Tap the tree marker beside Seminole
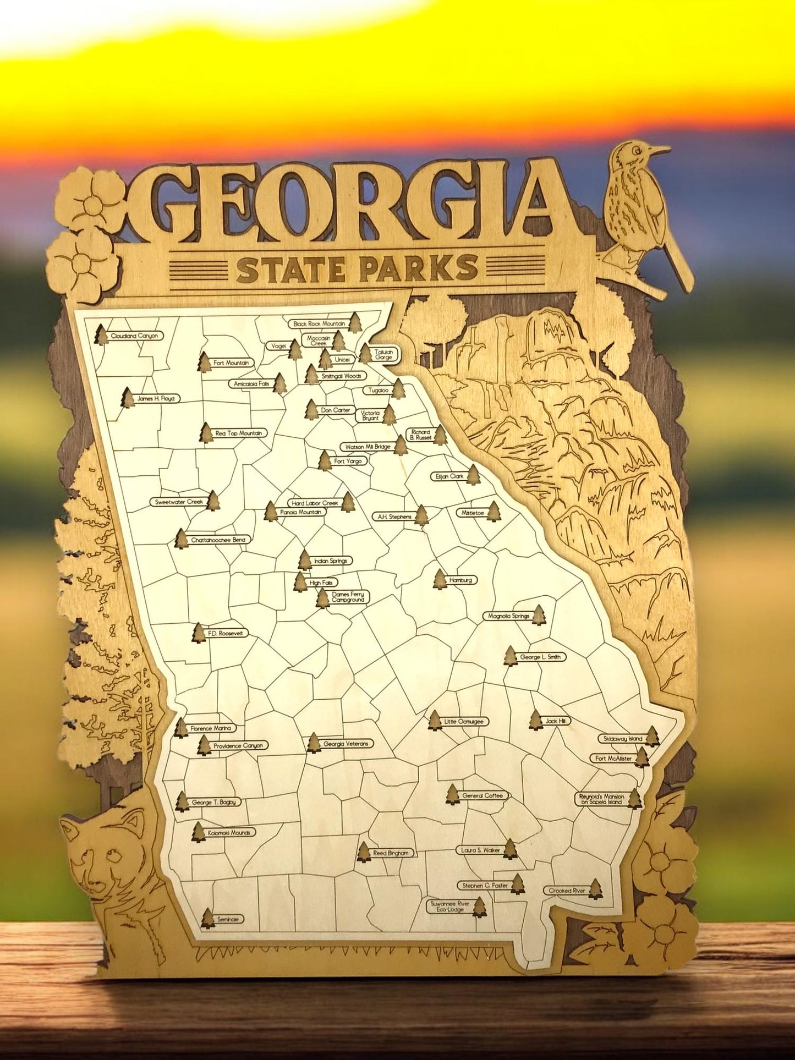click(x=207, y=919)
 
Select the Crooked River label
click(x=567, y=890)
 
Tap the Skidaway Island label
click(x=622, y=738)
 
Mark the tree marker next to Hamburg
click(x=440, y=579)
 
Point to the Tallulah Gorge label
click(x=383, y=354)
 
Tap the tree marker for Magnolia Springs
click(x=539, y=615)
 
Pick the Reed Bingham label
click(x=391, y=853)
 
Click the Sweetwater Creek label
click(x=179, y=502)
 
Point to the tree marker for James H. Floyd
click(x=128, y=398)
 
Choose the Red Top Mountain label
click(x=238, y=433)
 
